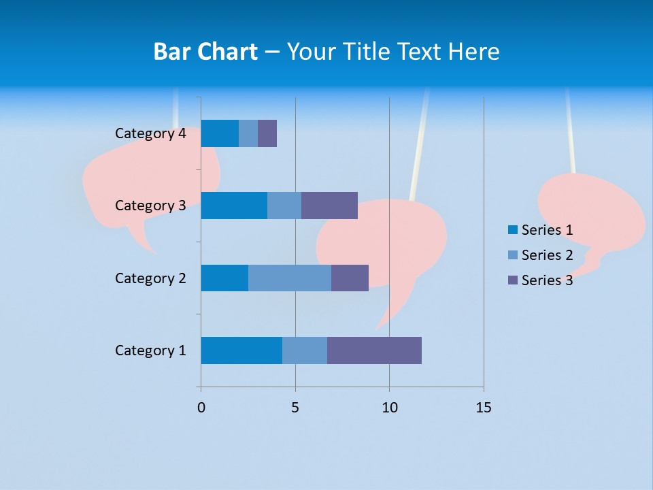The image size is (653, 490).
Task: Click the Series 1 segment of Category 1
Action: tap(241, 350)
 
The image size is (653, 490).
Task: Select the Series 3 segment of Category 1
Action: tap(374, 350)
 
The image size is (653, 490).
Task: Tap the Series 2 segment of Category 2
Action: tap(290, 278)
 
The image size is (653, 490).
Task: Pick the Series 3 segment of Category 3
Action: tap(329, 206)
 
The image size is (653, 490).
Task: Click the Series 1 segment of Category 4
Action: tap(220, 133)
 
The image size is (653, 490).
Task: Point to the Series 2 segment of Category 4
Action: tap(248, 133)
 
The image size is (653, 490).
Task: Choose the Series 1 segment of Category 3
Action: tap(234, 206)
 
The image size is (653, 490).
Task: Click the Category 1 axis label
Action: tap(150, 350)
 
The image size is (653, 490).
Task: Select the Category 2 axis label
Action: tap(150, 278)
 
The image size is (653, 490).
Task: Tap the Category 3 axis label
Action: tap(150, 206)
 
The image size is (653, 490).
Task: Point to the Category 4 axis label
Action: tap(150, 133)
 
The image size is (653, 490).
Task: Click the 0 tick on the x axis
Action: tap(201, 408)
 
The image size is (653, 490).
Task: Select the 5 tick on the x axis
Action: tap(295, 408)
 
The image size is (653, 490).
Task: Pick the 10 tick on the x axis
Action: tap(389, 408)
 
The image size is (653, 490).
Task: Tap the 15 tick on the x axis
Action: tap(483, 408)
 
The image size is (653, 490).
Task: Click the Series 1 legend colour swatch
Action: tap(513, 230)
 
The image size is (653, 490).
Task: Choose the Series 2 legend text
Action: tap(547, 255)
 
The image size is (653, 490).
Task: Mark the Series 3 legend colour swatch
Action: tap(513, 280)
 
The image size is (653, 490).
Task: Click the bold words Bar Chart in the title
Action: tap(205, 52)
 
